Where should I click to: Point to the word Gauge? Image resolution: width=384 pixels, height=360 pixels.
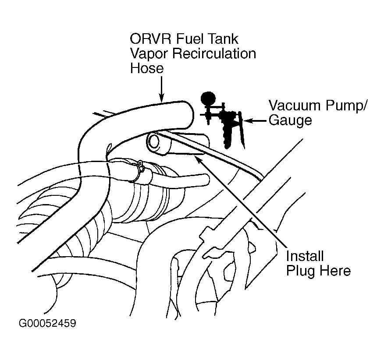(x=290, y=120)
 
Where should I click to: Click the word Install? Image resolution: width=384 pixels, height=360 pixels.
(x=305, y=256)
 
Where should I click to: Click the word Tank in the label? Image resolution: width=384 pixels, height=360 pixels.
(x=223, y=39)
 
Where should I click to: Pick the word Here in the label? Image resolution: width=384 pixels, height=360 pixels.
(x=335, y=271)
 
